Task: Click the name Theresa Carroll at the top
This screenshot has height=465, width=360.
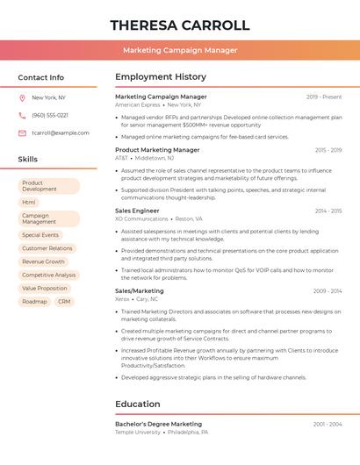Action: pyautogui.click(x=180, y=25)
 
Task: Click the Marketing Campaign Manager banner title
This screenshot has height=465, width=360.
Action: pyautogui.click(x=180, y=50)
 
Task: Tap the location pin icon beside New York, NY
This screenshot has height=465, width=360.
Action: pyautogui.click(x=22, y=97)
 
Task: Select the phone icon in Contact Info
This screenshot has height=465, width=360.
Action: pyautogui.click(x=22, y=115)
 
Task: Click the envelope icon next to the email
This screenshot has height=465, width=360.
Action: pyautogui.click(x=22, y=132)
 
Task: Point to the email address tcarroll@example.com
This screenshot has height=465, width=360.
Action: pyautogui.click(x=61, y=132)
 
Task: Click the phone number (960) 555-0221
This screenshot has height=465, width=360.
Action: pyautogui.click(x=50, y=115)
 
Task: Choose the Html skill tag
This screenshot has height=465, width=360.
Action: pyautogui.click(x=29, y=202)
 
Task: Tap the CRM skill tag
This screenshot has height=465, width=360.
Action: pyautogui.click(x=64, y=301)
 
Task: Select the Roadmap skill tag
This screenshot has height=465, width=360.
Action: pyautogui.click(x=34, y=301)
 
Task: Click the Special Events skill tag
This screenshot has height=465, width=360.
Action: pyautogui.click(x=40, y=235)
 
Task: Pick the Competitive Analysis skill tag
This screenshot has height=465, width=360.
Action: pyautogui.click(x=48, y=275)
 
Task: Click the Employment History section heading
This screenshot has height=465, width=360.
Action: pyautogui.click(x=161, y=77)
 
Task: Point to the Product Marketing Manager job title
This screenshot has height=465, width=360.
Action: pyautogui.click(x=157, y=150)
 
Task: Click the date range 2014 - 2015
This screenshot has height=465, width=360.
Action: pyautogui.click(x=328, y=211)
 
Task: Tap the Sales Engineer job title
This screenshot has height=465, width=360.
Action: pyautogui.click(x=137, y=211)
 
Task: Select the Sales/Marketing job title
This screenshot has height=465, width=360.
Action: pyautogui.click(x=140, y=290)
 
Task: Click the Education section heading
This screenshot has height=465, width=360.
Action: pyautogui.click(x=137, y=404)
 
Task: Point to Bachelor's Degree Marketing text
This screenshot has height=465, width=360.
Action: pyautogui.click(x=158, y=424)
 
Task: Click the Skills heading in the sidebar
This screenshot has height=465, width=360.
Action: pyautogui.click(x=28, y=160)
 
